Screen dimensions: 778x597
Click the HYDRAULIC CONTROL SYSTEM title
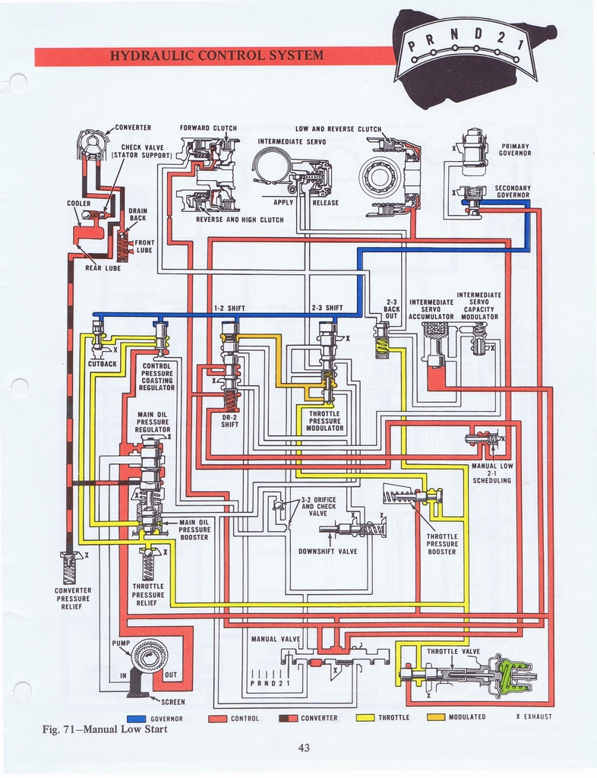(216, 55)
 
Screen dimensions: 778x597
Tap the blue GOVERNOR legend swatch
(137, 718)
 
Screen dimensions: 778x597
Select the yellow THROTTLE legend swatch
(368, 718)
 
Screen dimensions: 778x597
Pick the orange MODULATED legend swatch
(436, 718)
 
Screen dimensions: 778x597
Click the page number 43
(304, 748)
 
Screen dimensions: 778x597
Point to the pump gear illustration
(150, 655)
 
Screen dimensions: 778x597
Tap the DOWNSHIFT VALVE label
(327, 551)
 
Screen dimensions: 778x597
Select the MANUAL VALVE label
(275, 639)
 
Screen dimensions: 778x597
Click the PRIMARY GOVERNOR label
(514, 150)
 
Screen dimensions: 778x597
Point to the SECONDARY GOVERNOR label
(513, 191)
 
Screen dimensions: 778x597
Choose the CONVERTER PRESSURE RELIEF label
(73, 599)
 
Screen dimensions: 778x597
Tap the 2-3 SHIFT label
(327, 308)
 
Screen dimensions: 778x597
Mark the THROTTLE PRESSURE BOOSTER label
(441, 544)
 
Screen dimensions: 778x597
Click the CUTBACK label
(102, 364)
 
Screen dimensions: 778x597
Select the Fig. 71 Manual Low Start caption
(104, 730)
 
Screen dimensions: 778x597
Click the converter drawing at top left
(93, 144)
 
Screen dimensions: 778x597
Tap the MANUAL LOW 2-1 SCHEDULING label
(492, 473)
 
